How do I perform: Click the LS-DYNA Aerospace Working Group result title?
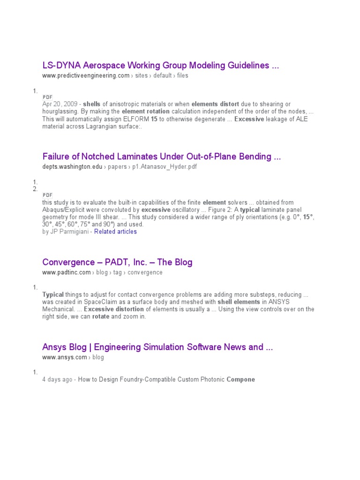click(160, 66)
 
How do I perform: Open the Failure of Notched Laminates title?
click(161, 157)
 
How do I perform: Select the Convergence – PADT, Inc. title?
click(117, 262)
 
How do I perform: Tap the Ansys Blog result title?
click(157, 347)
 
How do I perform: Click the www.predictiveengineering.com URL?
click(86, 76)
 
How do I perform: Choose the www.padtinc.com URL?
click(67, 272)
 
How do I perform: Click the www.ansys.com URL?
click(64, 358)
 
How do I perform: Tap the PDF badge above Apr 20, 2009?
click(47, 97)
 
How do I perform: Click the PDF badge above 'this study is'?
click(47, 195)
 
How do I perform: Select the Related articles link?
click(115, 232)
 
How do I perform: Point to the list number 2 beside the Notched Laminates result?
click(35, 189)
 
